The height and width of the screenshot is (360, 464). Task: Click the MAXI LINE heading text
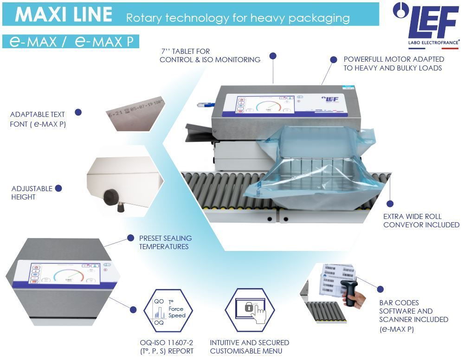click(x=64, y=14)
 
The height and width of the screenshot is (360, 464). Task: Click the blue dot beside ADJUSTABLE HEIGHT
click(x=58, y=188)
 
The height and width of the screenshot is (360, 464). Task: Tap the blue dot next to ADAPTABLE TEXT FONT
click(x=78, y=112)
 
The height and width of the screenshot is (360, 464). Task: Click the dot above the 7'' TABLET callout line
click(x=273, y=56)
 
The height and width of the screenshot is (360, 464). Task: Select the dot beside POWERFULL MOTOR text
click(x=333, y=59)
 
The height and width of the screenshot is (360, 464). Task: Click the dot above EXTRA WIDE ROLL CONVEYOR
click(x=390, y=203)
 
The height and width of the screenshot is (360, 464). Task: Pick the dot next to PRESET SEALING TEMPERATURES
click(x=130, y=238)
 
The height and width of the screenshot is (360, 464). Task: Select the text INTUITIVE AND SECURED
click(x=249, y=342)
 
